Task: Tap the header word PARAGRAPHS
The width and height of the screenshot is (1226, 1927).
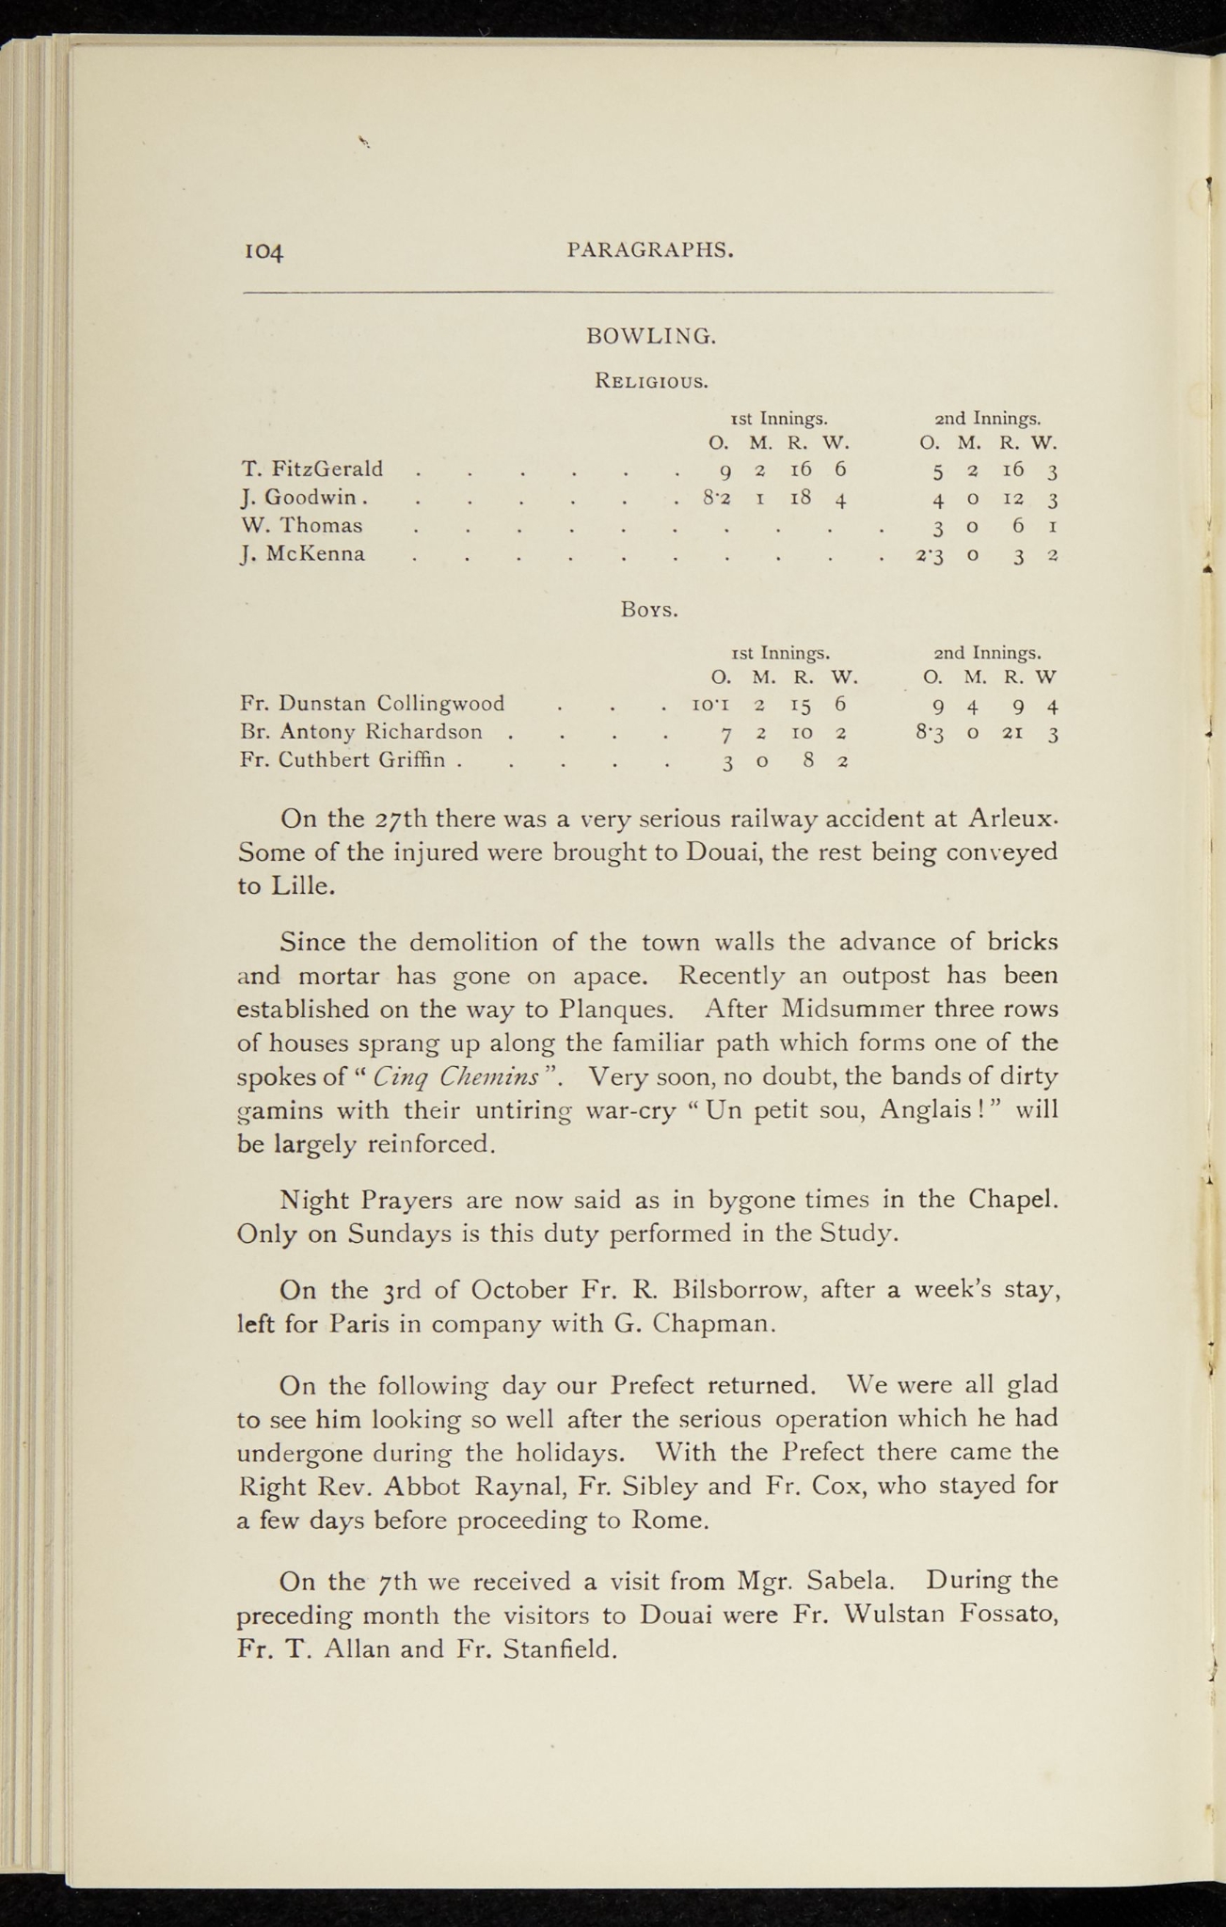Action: tap(650, 249)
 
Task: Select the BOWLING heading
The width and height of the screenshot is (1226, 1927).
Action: tap(651, 335)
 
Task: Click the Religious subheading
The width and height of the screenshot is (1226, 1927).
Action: tap(651, 381)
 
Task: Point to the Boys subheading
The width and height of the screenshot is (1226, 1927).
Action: tap(650, 610)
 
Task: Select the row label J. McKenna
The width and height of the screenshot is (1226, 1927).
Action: tap(303, 553)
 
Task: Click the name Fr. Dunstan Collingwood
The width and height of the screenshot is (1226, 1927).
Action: tap(374, 703)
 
